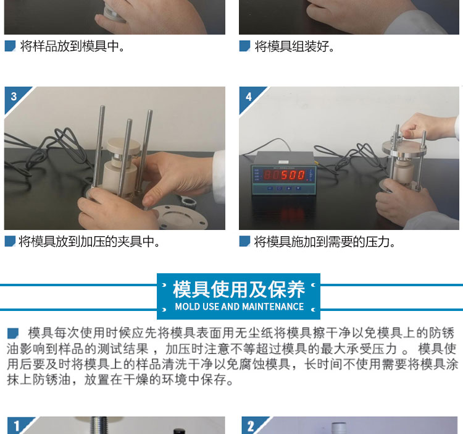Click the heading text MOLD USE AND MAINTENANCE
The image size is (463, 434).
coord(239,307)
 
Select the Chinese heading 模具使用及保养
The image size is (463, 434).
coord(238,289)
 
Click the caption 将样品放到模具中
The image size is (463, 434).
coord(72,46)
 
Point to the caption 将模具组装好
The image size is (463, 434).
coord(294,46)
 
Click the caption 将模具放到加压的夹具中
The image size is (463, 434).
coord(89,242)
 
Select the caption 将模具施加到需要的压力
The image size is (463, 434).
coord(325,242)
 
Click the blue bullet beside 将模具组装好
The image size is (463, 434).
coord(244,46)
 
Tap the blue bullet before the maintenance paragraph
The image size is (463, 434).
coord(13,333)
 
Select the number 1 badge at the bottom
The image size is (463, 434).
coord(17,426)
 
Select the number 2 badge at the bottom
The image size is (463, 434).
coord(251,427)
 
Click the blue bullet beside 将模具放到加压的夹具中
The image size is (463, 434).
coord(10,241)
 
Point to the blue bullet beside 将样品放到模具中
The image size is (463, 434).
coord(10,46)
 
